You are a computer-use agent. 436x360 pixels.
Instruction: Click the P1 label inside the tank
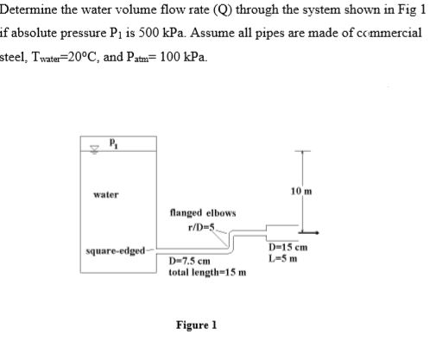click(x=112, y=144)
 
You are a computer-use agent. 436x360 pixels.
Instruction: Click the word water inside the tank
click(x=105, y=195)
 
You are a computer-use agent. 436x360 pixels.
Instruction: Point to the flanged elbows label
click(x=197, y=212)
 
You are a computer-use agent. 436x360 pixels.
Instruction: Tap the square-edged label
click(x=112, y=251)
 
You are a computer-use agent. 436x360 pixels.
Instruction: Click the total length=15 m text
click(x=208, y=271)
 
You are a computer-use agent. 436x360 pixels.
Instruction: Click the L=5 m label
click(x=282, y=258)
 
